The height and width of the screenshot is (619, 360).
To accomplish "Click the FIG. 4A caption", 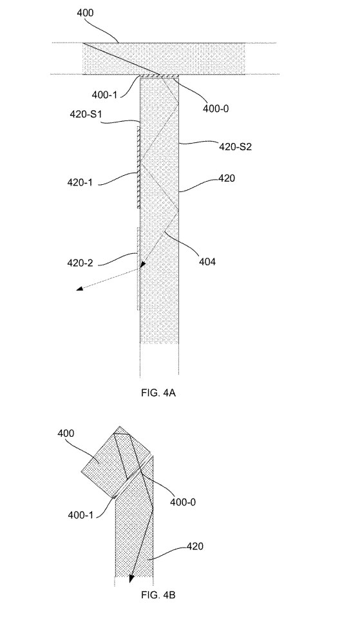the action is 158,393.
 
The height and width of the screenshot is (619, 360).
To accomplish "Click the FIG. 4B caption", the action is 158,595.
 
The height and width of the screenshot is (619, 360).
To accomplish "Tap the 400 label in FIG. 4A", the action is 85,13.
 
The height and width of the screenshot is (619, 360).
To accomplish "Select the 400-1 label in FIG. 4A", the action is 104,95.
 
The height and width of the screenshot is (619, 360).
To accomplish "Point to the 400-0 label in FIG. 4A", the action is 216,108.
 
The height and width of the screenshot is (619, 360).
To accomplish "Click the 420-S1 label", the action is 86,115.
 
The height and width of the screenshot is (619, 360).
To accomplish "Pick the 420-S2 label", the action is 236,148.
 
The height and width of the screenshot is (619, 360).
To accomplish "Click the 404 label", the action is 207,262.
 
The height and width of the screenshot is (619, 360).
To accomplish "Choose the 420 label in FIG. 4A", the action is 227,178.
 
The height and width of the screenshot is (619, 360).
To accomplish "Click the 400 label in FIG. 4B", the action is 66,433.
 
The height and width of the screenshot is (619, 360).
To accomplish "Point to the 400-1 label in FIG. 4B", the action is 81,515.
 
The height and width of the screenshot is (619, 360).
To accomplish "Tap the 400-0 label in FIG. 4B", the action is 183,502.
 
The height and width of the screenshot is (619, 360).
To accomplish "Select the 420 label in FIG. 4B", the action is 194,546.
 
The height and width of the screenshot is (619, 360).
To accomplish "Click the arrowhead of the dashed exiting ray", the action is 80,289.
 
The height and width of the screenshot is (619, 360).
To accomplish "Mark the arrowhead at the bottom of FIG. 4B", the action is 131,578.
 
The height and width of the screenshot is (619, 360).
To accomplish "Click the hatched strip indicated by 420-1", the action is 138,167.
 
